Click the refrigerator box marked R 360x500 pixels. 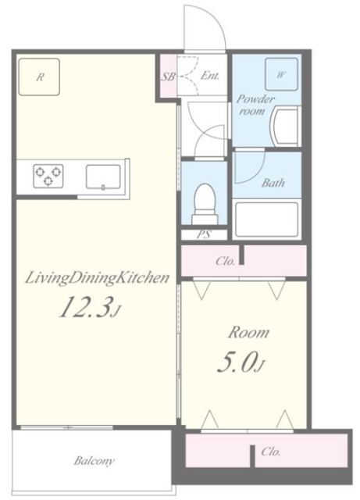39,77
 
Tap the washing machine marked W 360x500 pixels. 281,74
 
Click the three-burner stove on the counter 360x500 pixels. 48,176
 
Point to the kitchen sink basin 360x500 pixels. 103,177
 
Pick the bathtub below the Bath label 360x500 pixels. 266,219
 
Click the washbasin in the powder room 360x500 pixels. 285,126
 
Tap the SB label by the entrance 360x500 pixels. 168,77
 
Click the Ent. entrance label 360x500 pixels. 210,76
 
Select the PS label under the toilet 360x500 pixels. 204,234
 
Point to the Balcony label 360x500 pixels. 94,461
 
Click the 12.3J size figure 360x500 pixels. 90,307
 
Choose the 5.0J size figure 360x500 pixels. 241,364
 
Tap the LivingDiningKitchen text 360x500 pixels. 97,278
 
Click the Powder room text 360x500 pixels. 255,105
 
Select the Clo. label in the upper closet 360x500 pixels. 226,261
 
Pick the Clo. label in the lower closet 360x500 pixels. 271,452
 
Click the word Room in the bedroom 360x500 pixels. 248,333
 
